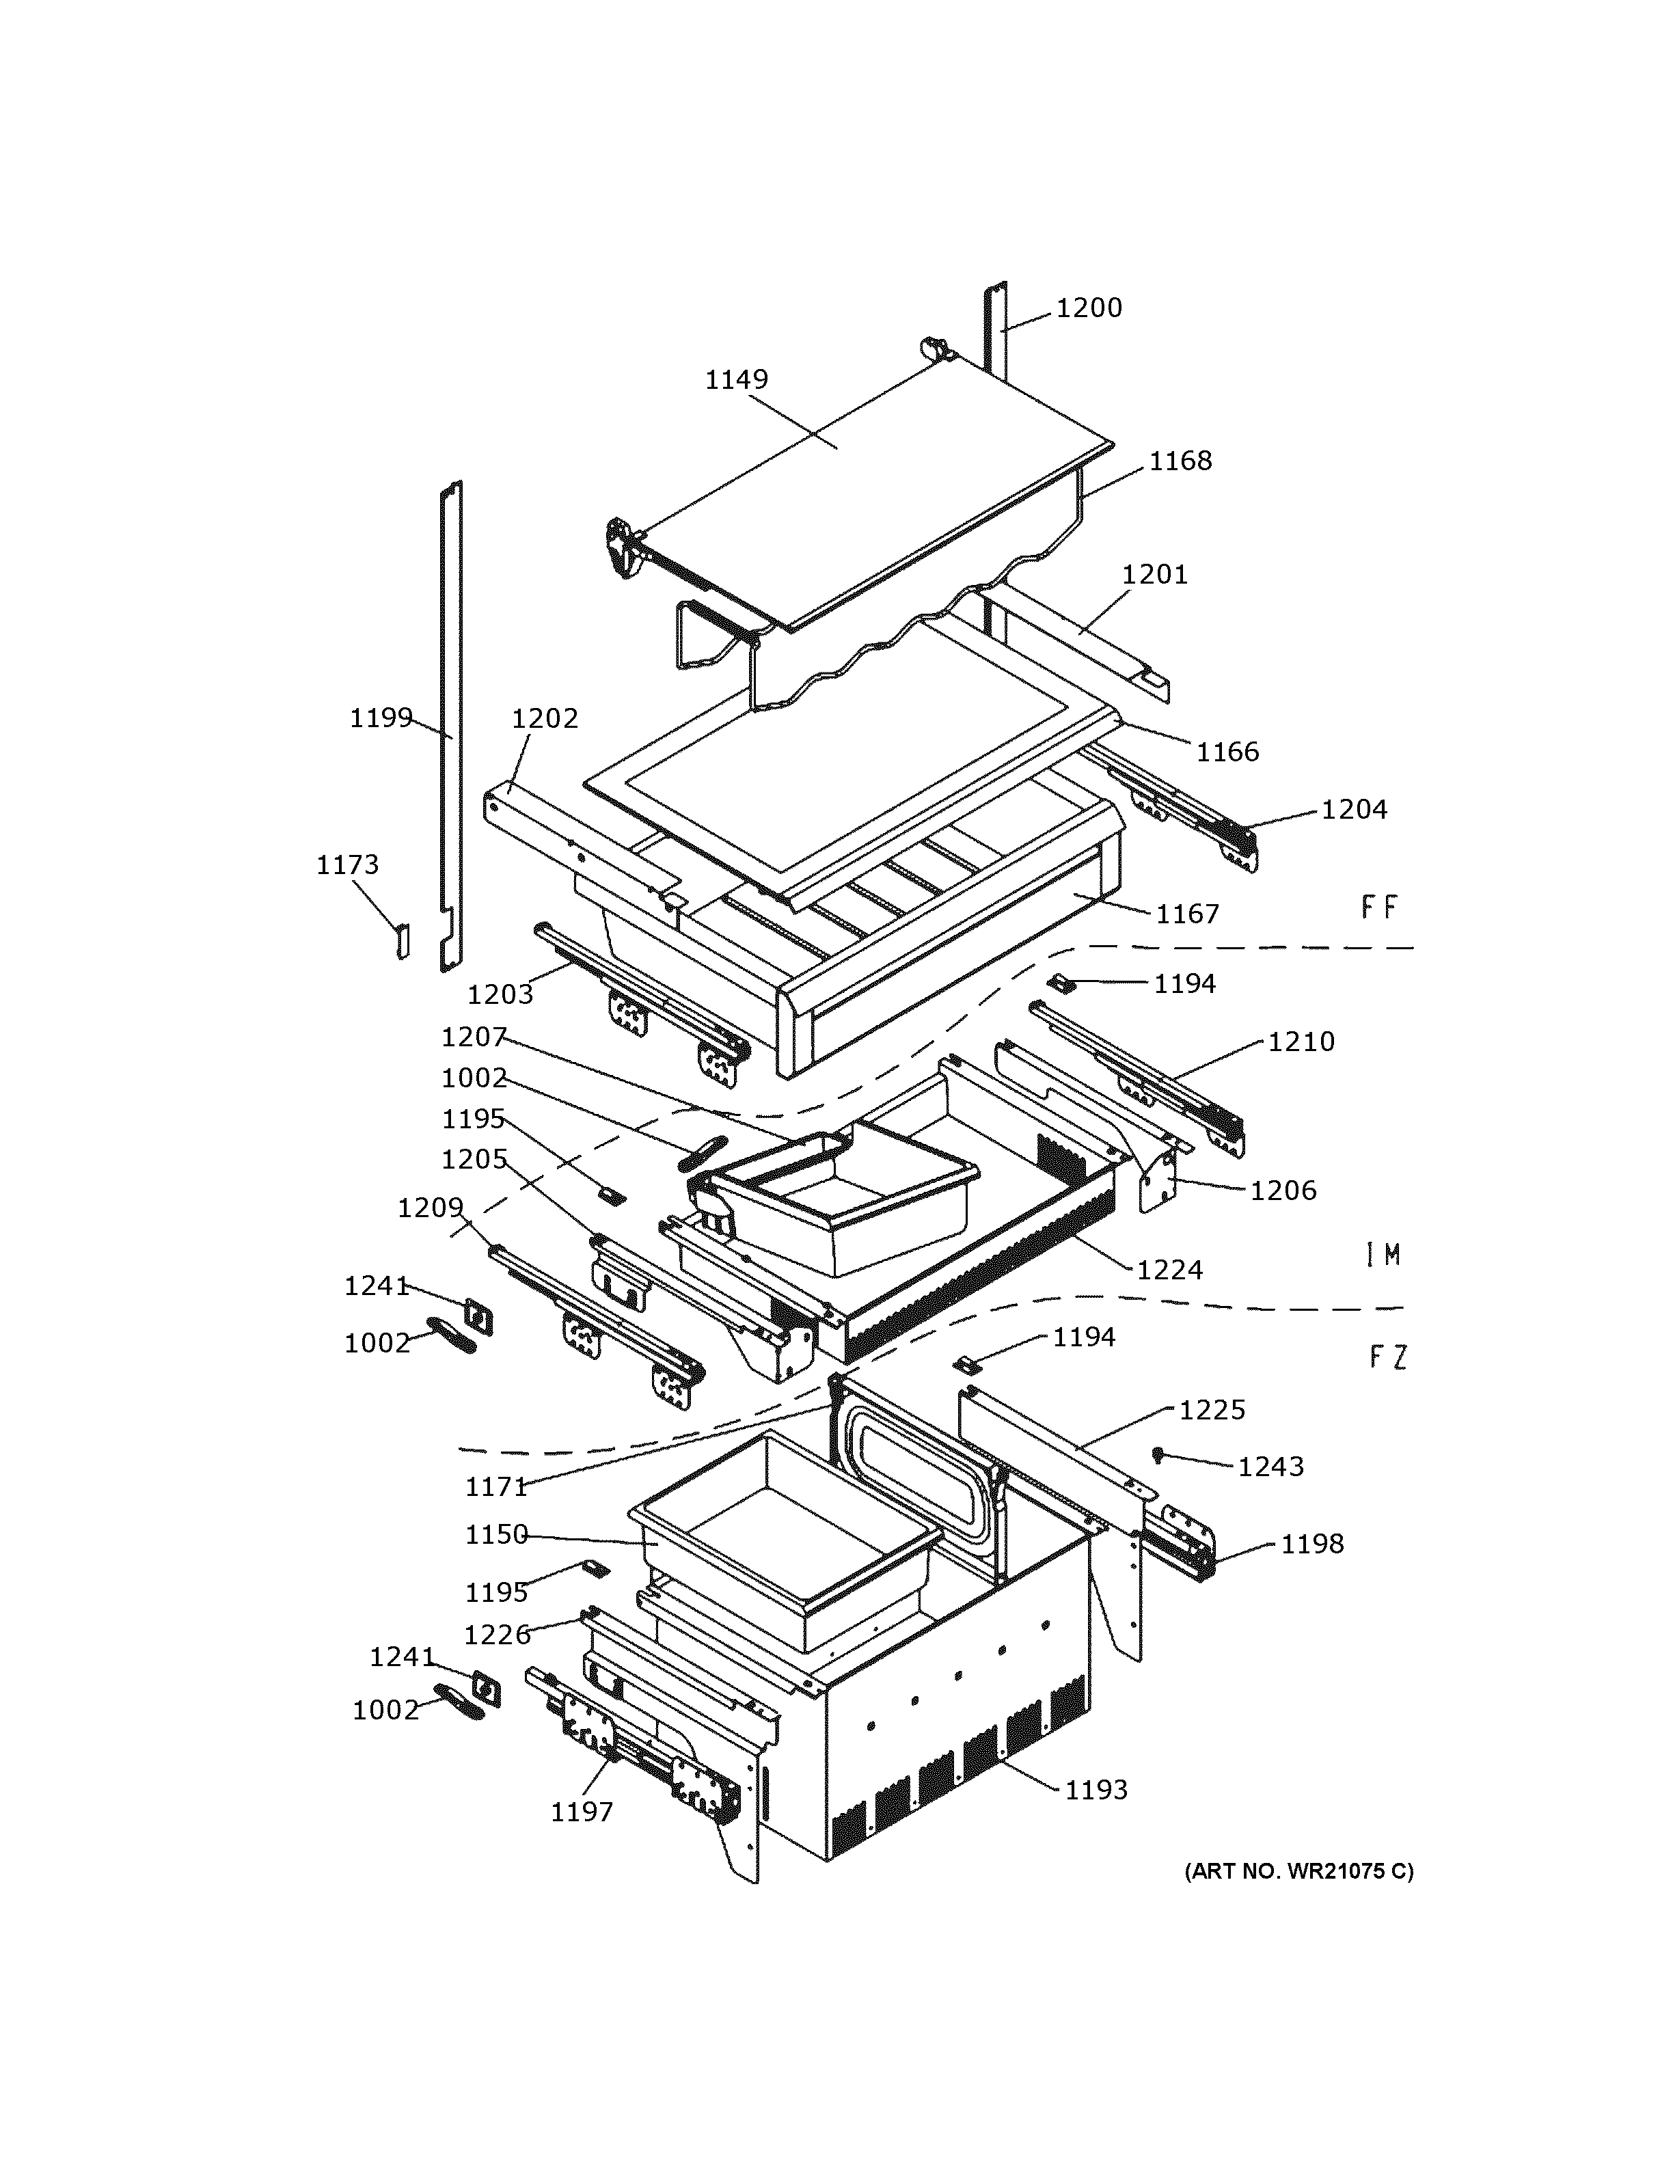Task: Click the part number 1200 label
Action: tap(1088, 308)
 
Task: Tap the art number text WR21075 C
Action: tap(1299, 1870)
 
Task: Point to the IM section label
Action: tap(1383, 1255)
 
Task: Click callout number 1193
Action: tap(1096, 1789)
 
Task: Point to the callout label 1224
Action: tap(1169, 1270)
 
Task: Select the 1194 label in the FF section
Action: tap(1184, 983)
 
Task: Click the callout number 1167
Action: tap(1187, 914)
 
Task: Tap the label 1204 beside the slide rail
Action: tap(1354, 810)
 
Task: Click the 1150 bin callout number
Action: tap(497, 1534)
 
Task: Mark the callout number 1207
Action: tap(474, 1037)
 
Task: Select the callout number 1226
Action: tap(497, 1635)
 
